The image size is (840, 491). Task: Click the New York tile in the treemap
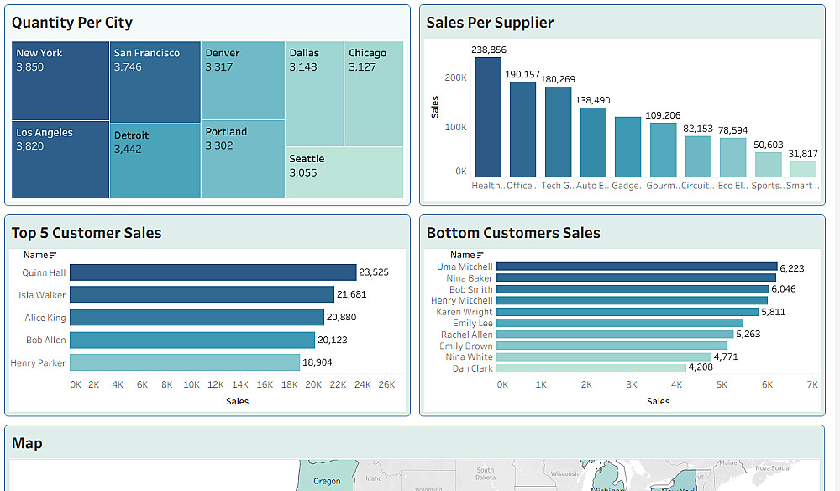tap(60, 80)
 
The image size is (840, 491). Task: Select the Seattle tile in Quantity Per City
tap(344, 172)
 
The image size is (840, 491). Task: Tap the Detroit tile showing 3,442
tap(155, 161)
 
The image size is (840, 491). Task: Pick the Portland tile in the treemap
tap(243, 159)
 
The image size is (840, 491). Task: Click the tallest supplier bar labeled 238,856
tap(488, 117)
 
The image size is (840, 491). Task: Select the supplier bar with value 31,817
tap(802, 169)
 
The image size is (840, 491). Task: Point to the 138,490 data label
tap(593, 100)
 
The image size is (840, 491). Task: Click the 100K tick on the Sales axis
tap(456, 127)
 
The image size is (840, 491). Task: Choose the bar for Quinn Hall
tap(213, 272)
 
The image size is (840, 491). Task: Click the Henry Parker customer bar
tap(184, 362)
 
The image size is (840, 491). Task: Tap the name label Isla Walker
tap(42, 295)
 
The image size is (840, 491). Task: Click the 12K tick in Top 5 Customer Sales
tap(216, 384)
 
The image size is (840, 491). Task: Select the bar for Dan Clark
tap(591, 368)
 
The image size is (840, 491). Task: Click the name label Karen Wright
tap(465, 312)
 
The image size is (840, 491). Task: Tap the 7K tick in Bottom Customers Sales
tap(812, 384)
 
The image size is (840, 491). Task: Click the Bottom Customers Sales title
tap(513, 233)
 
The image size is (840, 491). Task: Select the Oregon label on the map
tap(327, 481)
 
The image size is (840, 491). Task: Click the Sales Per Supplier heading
tap(490, 23)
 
